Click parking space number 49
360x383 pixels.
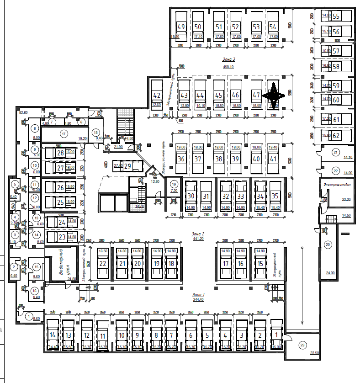click(x=181, y=27)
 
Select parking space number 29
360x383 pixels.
click(x=127, y=166)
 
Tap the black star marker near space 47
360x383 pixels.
click(x=274, y=95)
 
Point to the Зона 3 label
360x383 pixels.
click(x=228, y=59)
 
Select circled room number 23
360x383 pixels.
click(x=302, y=345)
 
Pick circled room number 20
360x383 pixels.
click(x=328, y=245)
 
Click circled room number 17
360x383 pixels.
click(x=64, y=134)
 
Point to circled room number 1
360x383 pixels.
click(x=29, y=316)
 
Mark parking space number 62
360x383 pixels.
click(x=337, y=135)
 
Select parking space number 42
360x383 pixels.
click(x=157, y=95)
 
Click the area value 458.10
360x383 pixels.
click(x=228, y=67)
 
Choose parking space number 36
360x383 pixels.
click(x=181, y=159)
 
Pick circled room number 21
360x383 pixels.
click(x=335, y=152)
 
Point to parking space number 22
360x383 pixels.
click(x=103, y=264)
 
